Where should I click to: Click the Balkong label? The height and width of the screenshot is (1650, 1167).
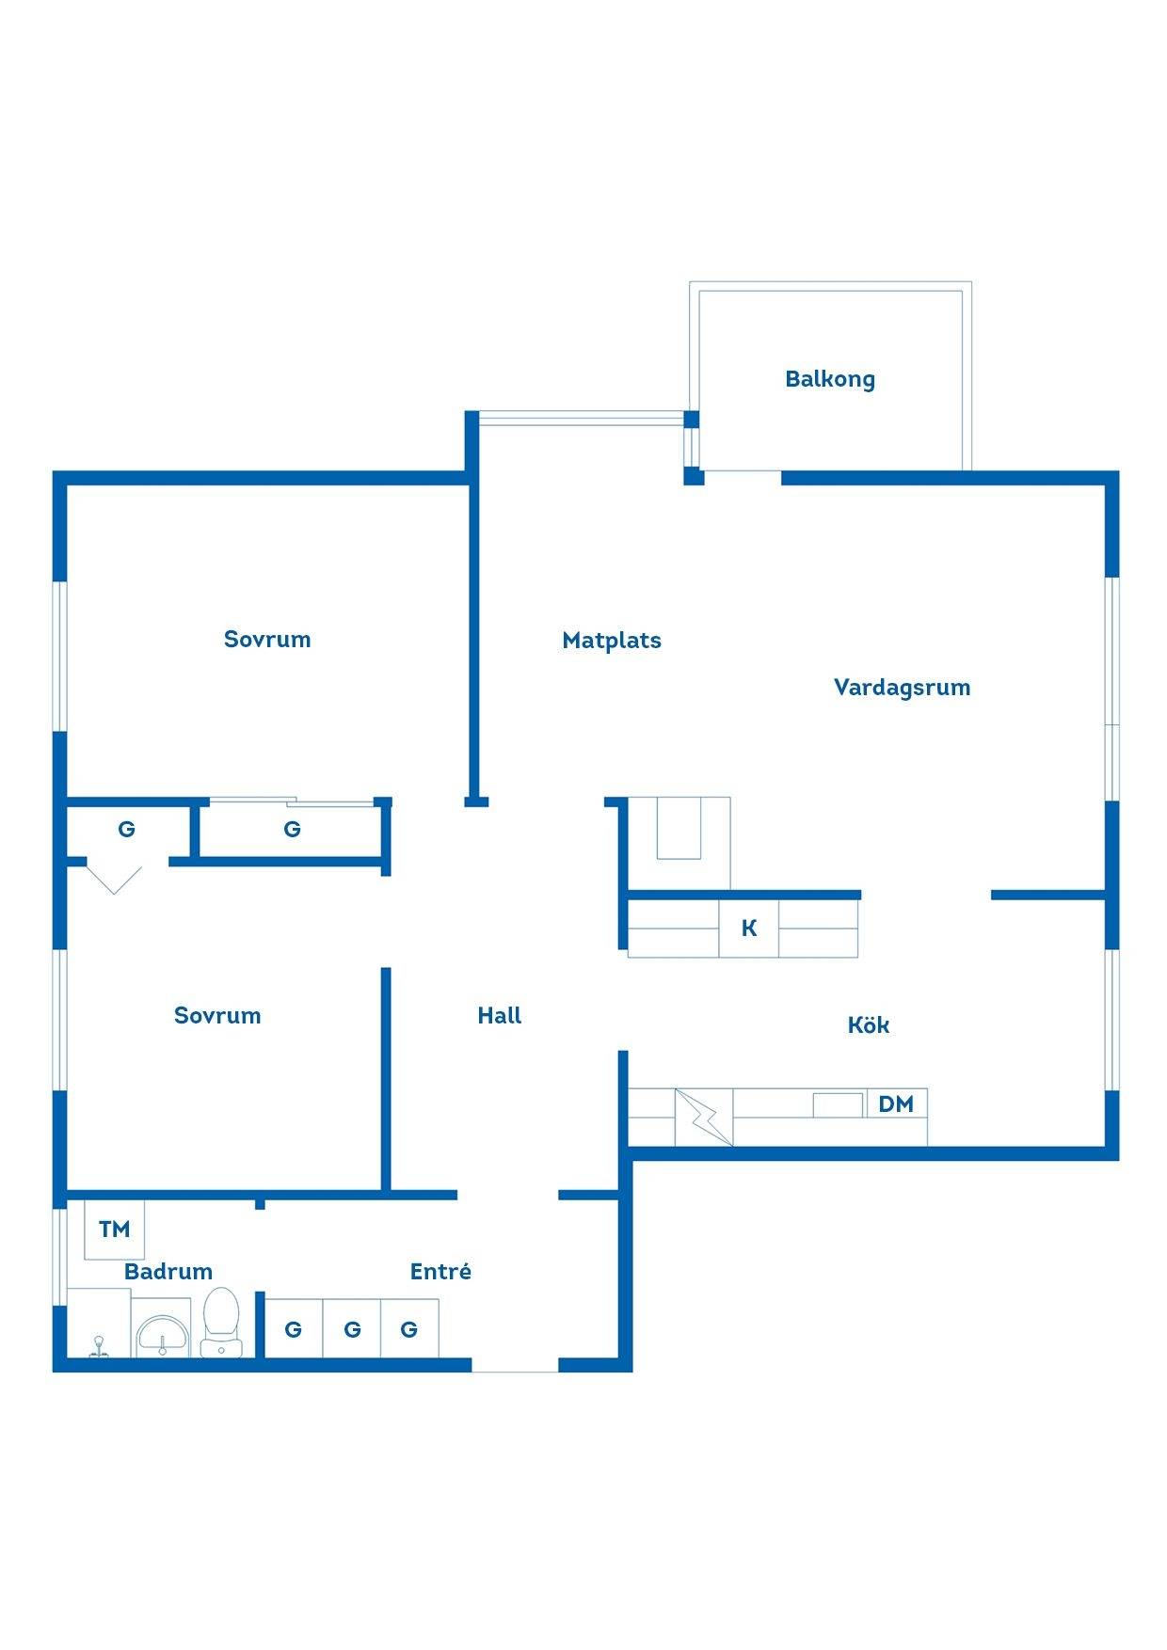(x=830, y=379)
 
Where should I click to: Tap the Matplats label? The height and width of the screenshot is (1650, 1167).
(x=612, y=641)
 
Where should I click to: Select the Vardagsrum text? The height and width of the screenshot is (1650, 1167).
(x=902, y=688)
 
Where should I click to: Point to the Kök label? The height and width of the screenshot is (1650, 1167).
(x=868, y=1024)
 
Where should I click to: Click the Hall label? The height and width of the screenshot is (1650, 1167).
(x=499, y=1015)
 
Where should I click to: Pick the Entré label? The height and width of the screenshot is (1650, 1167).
(x=440, y=1271)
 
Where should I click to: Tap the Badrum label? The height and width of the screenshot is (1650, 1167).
(x=168, y=1272)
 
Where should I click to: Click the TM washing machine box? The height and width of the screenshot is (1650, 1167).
(x=115, y=1229)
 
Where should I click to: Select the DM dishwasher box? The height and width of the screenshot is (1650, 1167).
(x=897, y=1103)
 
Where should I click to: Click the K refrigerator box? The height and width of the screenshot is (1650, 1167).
(x=749, y=928)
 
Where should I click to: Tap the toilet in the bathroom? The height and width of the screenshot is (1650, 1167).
(x=221, y=1322)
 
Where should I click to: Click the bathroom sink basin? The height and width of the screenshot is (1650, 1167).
(x=164, y=1335)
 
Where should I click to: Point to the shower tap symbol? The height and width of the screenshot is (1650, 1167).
(x=98, y=1348)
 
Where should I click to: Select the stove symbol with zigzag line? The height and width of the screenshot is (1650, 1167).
(x=704, y=1118)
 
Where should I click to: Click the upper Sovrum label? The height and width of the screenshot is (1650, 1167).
(x=267, y=640)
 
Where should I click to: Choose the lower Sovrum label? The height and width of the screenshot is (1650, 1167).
(x=217, y=1016)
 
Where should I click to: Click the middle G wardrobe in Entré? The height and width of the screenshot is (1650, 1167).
(x=352, y=1329)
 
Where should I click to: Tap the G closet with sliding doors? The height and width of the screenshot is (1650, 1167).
(x=292, y=830)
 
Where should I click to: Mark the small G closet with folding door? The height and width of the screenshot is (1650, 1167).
(x=126, y=830)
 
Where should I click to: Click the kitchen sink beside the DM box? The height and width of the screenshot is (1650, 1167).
(x=838, y=1104)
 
